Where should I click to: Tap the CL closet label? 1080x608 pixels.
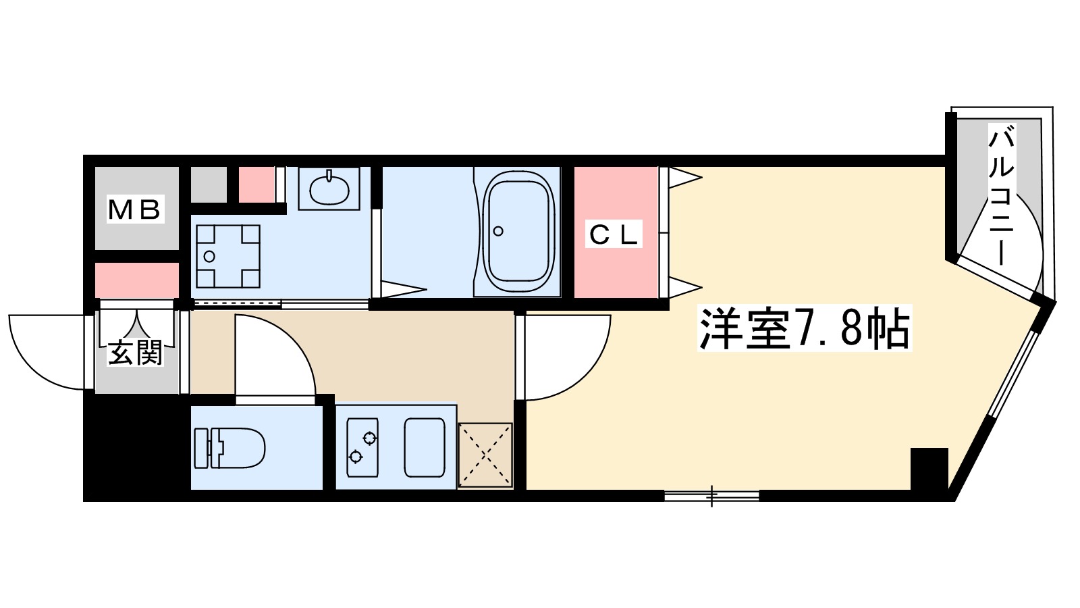(614, 234)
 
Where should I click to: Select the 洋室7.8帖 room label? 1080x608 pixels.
(804, 329)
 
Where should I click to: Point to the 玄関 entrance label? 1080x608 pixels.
(136, 353)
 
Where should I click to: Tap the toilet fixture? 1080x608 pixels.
(230, 448)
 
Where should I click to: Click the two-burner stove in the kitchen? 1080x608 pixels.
(362, 447)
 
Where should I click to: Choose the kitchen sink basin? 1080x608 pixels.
(425, 447)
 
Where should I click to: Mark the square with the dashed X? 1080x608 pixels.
(485, 454)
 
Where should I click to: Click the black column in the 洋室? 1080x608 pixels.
(929, 467)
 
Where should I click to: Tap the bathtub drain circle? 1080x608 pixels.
(498, 231)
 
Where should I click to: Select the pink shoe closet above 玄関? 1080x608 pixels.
(136, 280)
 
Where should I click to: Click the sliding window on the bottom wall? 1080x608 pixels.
(711, 496)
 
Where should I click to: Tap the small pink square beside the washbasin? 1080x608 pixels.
(256, 183)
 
